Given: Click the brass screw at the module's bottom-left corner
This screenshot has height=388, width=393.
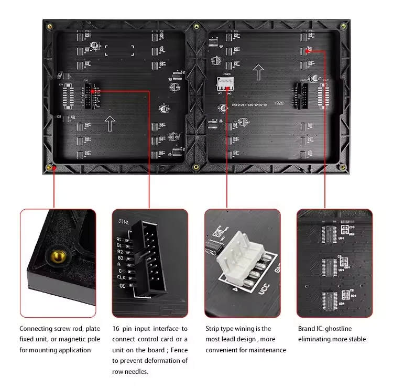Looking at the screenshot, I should coord(51,168).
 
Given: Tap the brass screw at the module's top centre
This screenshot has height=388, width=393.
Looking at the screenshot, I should coord(196,26).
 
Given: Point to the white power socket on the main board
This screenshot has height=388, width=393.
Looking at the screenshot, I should coord(226,84).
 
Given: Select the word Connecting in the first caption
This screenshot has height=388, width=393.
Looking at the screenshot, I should coord(37,329).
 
